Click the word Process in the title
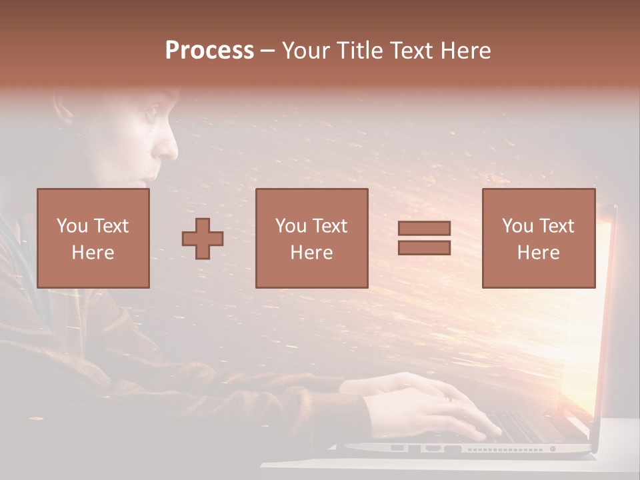pyautogui.click(x=209, y=51)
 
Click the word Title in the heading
pyautogui.click(x=361, y=51)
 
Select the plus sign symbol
pyautogui.click(x=203, y=239)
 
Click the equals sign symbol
pyautogui.click(x=424, y=238)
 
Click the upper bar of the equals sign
pyautogui.click(x=424, y=229)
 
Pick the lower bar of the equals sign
pyautogui.click(x=424, y=247)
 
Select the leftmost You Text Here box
pyautogui.click(x=93, y=238)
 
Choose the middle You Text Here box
pyautogui.click(x=311, y=238)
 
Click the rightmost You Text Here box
pyautogui.click(x=538, y=238)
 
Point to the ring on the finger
pyautogui.click(x=448, y=398)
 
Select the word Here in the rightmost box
pyautogui.click(x=538, y=253)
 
